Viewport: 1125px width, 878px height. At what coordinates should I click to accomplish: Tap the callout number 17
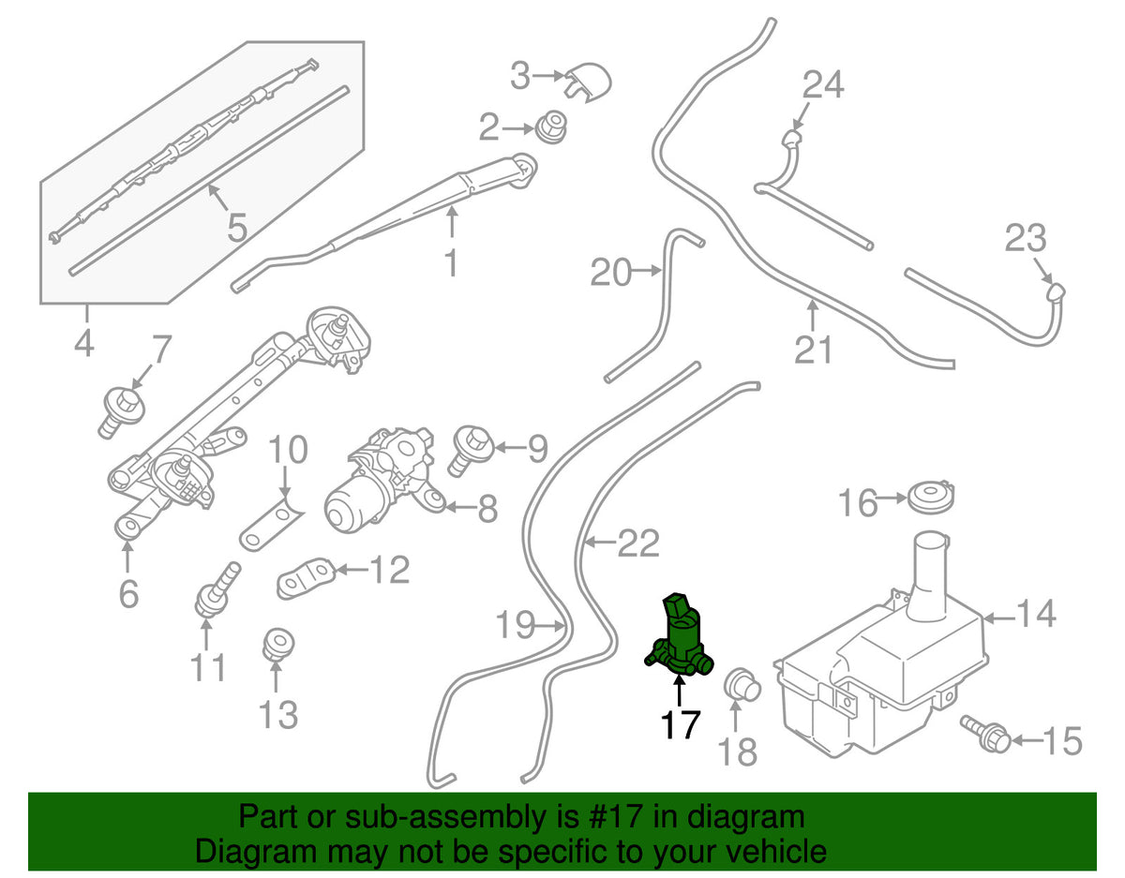[x=681, y=725]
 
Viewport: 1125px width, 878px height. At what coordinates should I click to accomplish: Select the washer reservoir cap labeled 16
[x=931, y=497]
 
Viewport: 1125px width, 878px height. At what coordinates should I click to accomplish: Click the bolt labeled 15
[x=984, y=735]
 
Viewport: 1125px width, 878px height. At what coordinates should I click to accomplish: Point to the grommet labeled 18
[x=742, y=685]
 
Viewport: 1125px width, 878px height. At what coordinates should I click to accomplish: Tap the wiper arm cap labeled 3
[x=588, y=82]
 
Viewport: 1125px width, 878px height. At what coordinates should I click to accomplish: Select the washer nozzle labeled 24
[x=791, y=138]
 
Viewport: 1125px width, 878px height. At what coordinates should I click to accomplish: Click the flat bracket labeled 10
[x=271, y=524]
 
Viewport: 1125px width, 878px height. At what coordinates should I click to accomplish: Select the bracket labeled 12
[x=306, y=578]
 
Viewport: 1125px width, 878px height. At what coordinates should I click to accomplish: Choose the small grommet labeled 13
[x=278, y=644]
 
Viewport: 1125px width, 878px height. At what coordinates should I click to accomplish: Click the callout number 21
[x=814, y=350]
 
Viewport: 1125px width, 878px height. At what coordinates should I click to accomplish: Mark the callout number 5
[x=237, y=228]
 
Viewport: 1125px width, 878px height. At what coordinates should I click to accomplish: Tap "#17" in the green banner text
[x=611, y=816]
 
